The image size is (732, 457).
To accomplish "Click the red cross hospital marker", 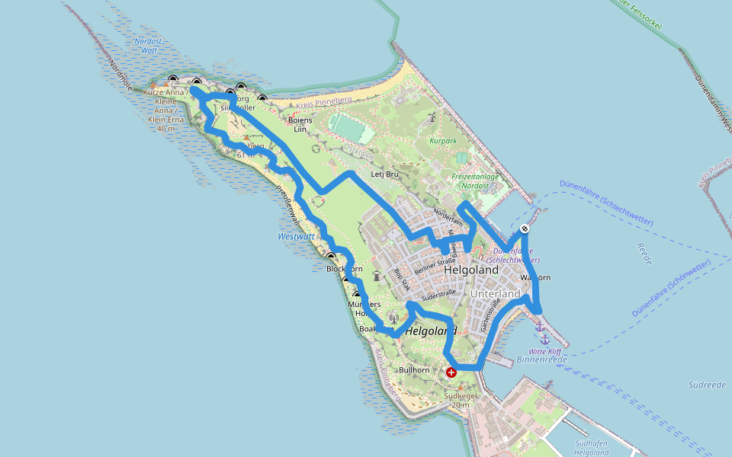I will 451,372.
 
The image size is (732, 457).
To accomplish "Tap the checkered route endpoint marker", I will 525,229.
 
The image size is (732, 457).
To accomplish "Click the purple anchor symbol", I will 540,327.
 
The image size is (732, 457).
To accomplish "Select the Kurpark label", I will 442,141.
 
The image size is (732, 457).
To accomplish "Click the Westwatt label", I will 296,237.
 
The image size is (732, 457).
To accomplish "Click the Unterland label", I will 496,294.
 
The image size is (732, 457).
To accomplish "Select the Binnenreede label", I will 538,359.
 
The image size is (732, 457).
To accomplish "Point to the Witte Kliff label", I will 544,350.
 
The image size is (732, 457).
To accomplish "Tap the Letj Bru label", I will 385,174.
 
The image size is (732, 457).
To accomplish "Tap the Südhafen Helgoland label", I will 591,447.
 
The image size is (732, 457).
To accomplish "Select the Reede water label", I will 644,254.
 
